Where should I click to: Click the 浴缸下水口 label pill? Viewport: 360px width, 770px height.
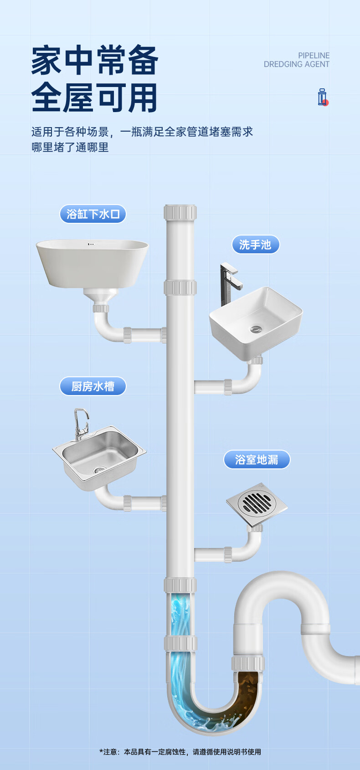93,214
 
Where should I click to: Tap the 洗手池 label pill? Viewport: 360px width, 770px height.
255,245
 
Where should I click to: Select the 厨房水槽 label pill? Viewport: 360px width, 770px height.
93,386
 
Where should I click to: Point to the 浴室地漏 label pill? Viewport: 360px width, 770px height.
257,460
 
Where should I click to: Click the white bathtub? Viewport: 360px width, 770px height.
93,262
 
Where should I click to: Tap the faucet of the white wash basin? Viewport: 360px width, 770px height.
228,282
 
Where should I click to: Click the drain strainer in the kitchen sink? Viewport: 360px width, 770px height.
99,469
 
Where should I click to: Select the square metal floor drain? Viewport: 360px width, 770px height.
257,503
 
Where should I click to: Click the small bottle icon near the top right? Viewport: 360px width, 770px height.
323,97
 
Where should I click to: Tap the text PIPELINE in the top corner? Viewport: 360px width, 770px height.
314,56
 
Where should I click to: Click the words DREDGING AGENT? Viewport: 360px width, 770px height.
296,65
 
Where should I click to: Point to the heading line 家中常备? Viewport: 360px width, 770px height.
95,61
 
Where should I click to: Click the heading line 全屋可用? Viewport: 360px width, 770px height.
95,98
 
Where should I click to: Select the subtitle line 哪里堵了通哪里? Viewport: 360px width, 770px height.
70,147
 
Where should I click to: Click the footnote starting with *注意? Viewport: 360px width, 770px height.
180,752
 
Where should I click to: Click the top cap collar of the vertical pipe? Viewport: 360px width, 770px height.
180,212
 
